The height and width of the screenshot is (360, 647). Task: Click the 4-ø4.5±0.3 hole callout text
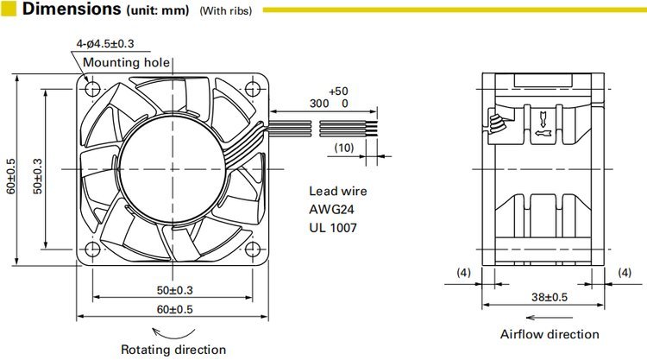[x=105, y=44]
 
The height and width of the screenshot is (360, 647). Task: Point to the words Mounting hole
[x=126, y=62]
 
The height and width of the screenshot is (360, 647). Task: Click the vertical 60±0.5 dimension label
[x=11, y=176]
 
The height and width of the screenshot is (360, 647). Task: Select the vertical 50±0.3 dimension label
[x=38, y=176]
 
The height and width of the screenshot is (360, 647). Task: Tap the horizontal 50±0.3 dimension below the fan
[x=174, y=290]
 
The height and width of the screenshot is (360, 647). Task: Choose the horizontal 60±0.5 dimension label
[x=174, y=309]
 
